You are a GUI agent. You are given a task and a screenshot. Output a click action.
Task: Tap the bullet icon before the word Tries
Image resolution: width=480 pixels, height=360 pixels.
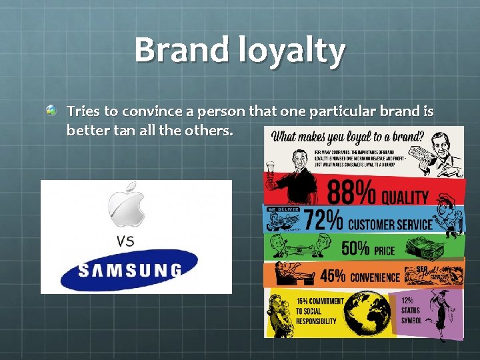pos(51,109)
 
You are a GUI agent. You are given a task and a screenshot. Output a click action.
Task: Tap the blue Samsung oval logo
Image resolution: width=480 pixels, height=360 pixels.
pos(129,270)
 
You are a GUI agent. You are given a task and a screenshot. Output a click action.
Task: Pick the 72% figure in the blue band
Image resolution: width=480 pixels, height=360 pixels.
pos(324,219)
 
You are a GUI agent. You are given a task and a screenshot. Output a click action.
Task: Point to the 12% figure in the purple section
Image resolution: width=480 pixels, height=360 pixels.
pos(407,301)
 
